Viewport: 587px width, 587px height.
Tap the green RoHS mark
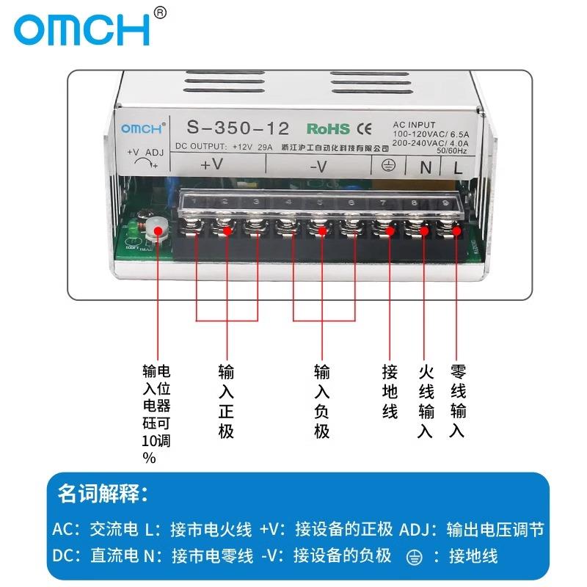pyautogui.click(x=328, y=128)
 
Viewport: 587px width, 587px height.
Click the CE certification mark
pyautogui.click(x=364, y=128)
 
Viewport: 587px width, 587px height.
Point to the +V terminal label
pyautogui.click(x=211, y=165)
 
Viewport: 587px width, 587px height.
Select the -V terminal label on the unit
pyautogui.click(x=318, y=167)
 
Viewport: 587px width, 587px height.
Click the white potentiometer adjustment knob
pyautogui.click(x=156, y=228)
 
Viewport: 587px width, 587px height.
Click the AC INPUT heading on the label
pyautogui.click(x=415, y=125)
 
